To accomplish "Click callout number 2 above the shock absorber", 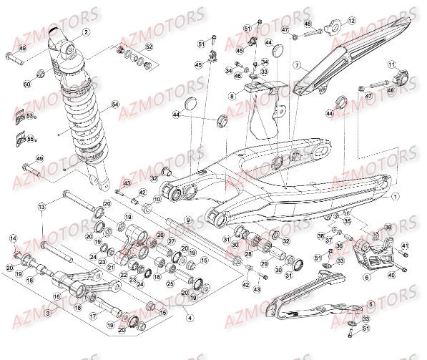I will (87, 32).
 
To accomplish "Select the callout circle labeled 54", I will (115, 105).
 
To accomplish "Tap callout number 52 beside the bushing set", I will (149, 47).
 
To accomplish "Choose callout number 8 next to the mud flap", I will (232, 95).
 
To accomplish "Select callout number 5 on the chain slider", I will (370, 304).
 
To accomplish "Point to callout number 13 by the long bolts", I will (42, 206).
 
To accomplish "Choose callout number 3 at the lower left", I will (47, 313).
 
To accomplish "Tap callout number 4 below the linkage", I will (190, 317).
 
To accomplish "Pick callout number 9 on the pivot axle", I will (189, 220).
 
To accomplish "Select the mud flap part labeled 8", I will (265, 115).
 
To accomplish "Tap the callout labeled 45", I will (199, 65).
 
